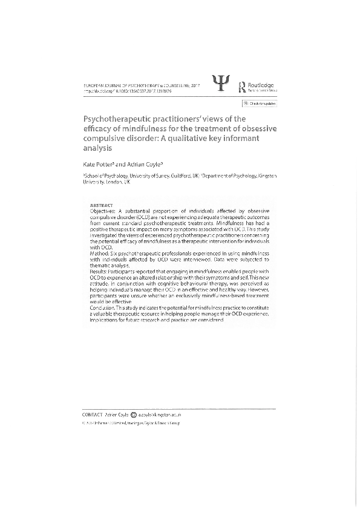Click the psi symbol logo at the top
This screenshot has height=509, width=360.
221,84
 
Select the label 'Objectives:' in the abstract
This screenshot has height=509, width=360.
101,210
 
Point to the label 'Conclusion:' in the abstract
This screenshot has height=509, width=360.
103,308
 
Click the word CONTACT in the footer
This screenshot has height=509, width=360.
92,415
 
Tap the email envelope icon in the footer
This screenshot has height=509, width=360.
134,415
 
